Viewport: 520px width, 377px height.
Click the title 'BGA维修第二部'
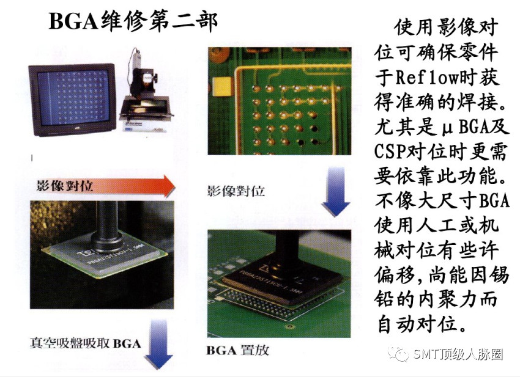coord(133,21)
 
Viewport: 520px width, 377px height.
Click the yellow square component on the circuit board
coord(221,87)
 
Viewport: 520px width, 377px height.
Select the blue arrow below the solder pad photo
coord(336,191)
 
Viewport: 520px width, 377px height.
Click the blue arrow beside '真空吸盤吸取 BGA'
coord(159,344)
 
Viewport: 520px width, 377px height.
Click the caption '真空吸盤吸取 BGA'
coord(85,343)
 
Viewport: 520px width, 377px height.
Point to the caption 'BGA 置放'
coord(238,350)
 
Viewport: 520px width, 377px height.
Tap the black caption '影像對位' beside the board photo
coord(236,191)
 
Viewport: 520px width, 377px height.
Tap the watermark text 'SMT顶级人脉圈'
coord(458,354)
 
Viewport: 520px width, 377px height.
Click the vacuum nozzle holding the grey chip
coord(106,226)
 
